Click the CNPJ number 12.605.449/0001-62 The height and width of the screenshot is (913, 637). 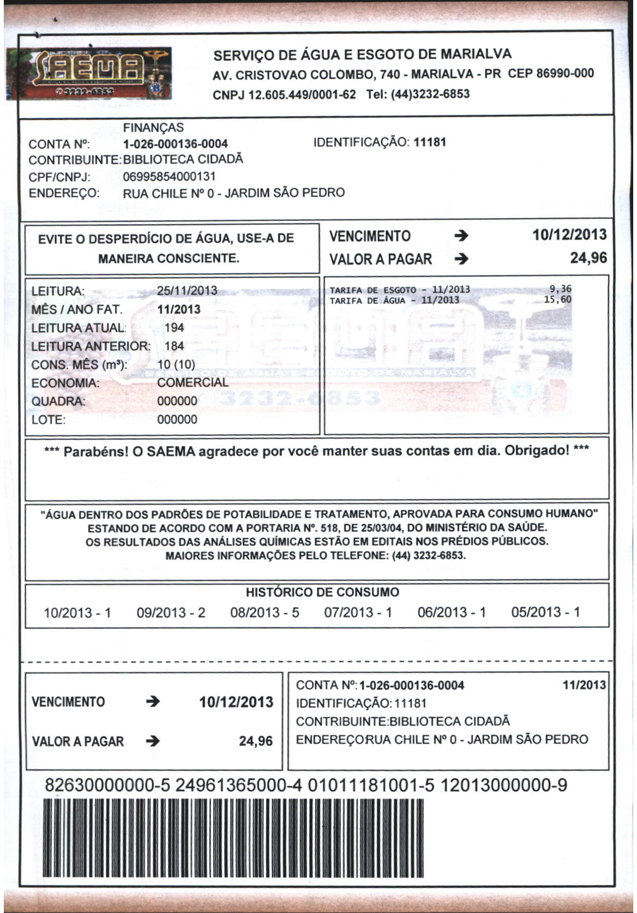[284, 94]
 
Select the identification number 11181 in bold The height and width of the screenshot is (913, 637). [430, 142]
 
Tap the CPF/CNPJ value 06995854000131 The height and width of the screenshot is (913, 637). [169, 176]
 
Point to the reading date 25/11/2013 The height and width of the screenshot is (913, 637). [187, 291]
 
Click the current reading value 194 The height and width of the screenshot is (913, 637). [175, 328]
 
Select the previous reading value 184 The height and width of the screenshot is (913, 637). [175, 346]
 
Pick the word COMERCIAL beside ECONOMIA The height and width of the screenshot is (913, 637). [193, 382]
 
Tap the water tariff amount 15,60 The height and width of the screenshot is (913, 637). [558, 299]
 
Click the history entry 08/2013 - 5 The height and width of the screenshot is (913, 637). [265, 612]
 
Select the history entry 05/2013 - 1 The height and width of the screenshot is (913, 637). [545, 612]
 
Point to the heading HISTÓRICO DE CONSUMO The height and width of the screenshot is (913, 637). [322, 592]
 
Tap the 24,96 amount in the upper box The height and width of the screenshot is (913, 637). [588, 258]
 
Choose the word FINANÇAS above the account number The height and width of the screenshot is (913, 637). [153, 128]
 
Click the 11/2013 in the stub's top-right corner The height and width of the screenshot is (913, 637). [584, 685]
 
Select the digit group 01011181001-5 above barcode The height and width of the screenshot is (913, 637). [371, 786]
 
